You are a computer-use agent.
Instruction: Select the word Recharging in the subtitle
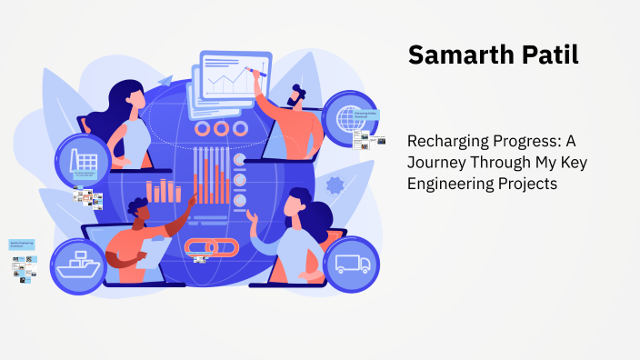tap(446, 142)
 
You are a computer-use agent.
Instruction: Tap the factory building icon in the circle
tap(85, 159)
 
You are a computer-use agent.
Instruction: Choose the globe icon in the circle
tap(350, 119)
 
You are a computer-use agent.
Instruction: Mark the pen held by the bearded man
tap(264, 69)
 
